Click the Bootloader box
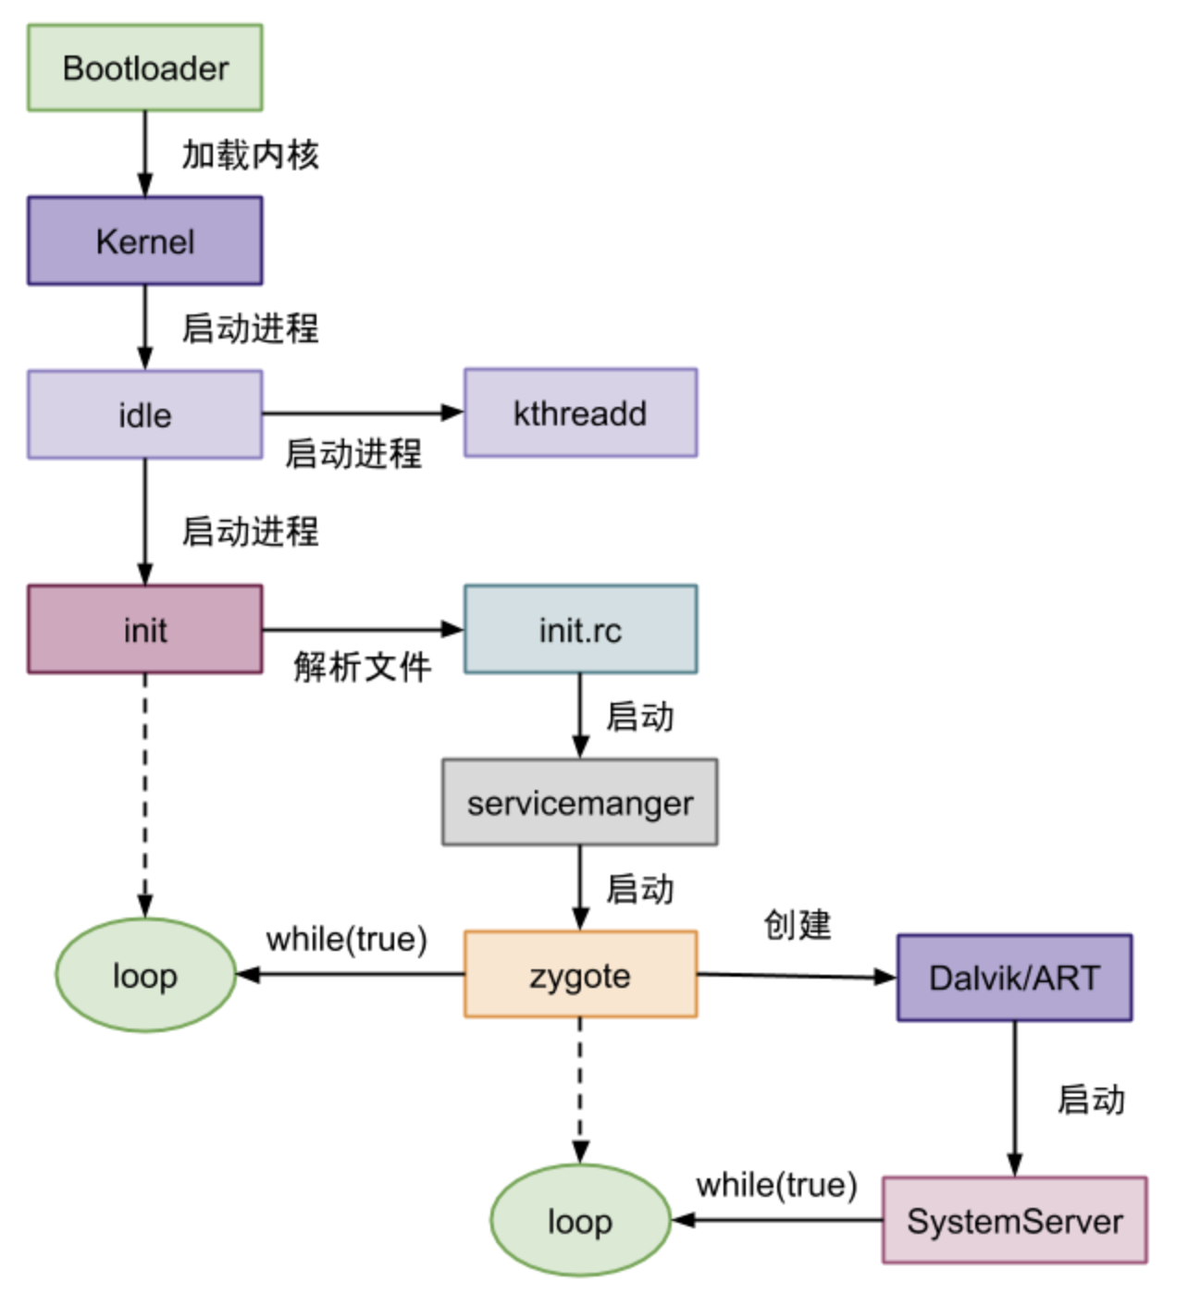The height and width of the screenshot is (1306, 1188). point(145,68)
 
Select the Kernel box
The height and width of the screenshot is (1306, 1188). point(145,241)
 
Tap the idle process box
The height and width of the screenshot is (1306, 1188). point(145,415)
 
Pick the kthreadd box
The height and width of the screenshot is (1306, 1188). point(580,413)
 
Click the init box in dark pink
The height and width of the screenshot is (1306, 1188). point(145,630)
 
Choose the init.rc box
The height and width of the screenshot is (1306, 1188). point(580,630)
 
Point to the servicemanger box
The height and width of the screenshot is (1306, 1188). point(580,803)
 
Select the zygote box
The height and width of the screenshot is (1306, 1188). point(580,975)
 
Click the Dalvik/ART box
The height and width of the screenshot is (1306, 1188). point(1014,978)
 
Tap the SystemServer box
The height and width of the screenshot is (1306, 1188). point(1014,1221)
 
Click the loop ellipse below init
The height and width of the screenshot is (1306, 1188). point(145,975)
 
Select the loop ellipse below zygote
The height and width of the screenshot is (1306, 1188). point(580,1221)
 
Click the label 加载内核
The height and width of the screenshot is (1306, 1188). point(250,154)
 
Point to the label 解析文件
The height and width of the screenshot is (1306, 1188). point(362,666)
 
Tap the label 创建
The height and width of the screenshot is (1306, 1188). point(797,924)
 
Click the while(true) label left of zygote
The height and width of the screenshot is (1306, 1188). point(347,939)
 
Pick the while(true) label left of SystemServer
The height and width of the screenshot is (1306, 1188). point(776,1185)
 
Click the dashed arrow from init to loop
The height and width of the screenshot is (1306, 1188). point(145,795)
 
